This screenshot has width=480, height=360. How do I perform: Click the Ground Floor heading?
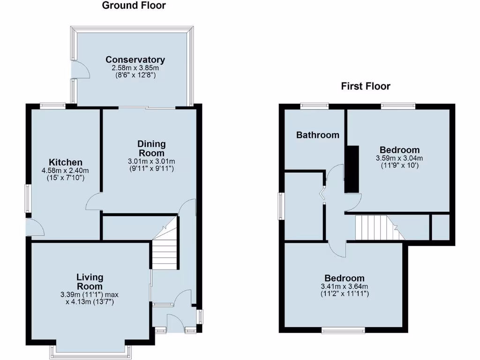coord(134,6)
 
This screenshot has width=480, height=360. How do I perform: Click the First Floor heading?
coord(366,86)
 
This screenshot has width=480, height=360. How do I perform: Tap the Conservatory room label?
coord(135,60)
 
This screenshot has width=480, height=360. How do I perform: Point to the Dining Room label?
coord(151,148)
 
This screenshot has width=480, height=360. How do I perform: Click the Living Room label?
coord(90,282)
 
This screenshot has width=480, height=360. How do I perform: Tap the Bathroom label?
coord(317,135)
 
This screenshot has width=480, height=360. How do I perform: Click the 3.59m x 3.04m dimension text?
coord(399,158)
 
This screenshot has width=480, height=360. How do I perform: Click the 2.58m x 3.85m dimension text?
coord(135,68)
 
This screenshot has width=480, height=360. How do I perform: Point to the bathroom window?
coord(315,105)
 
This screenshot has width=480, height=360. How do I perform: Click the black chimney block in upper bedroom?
coord(352,169)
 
